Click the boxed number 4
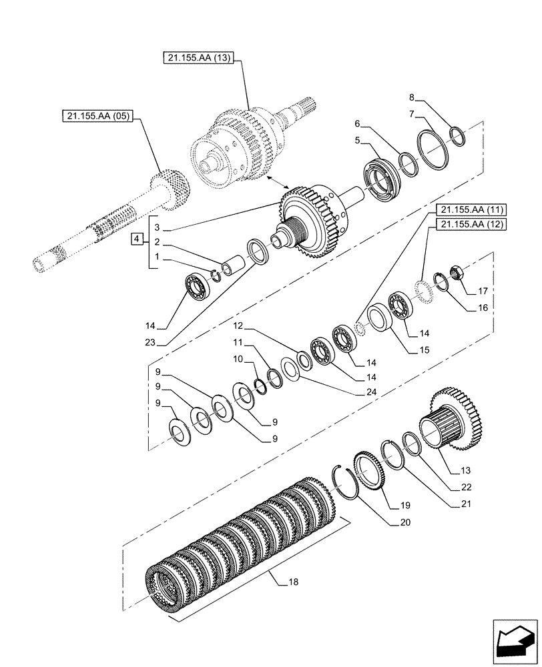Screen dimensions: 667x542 coord(136,238)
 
